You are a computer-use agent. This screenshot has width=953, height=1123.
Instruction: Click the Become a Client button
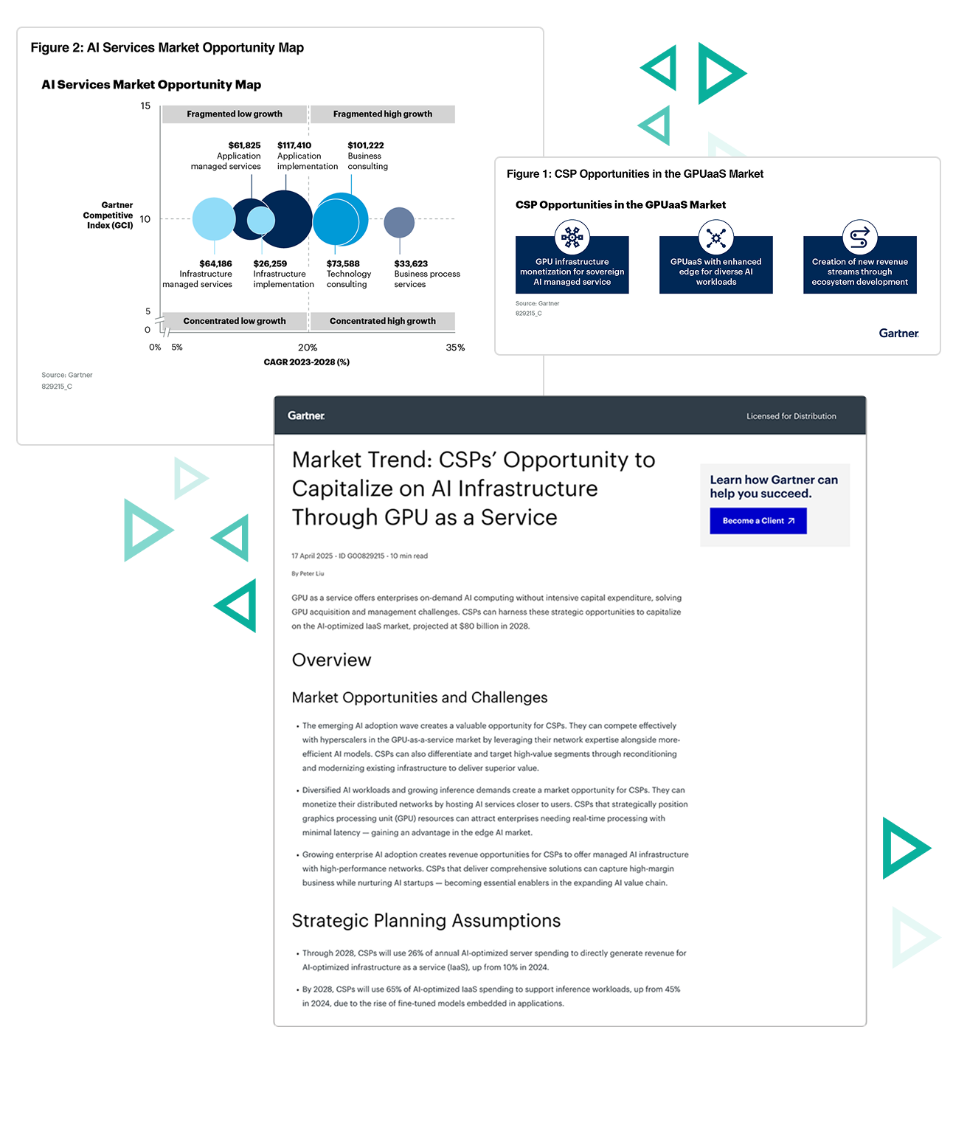tap(758, 521)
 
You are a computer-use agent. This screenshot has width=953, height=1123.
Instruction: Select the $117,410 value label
tap(294, 145)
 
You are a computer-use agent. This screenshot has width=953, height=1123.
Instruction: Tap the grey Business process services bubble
tap(399, 222)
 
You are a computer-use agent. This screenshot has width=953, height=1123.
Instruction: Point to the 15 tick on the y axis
tap(145, 106)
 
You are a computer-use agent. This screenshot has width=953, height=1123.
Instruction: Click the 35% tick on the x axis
tap(455, 348)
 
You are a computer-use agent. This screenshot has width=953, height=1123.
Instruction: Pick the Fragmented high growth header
tap(382, 114)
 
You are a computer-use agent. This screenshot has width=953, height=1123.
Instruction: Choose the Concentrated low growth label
tap(234, 321)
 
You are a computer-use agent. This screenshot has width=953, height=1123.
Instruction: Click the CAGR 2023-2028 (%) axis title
tap(306, 362)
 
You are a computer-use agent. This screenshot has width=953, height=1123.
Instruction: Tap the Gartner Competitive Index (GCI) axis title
tap(109, 215)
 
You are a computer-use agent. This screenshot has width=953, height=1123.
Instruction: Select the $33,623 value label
tap(411, 263)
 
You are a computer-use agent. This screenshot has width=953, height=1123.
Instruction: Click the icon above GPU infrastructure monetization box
tap(572, 238)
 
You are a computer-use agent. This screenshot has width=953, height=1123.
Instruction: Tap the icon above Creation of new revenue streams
tap(859, 238)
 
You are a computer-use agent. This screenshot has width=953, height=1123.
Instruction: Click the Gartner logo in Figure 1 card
tap(898, 334)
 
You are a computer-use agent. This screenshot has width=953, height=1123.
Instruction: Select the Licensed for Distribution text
tap(791, 416)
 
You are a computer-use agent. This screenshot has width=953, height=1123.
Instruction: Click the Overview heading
tap(331, 660)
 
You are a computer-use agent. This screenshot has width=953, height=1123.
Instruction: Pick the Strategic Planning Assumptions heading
tap(426, 921)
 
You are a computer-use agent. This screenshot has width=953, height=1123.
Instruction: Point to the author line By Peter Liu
tap(308, 573)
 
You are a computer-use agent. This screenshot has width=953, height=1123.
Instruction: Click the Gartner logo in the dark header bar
tap(306, 416)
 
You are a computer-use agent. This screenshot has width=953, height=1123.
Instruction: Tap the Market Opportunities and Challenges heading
tap(419, 698)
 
